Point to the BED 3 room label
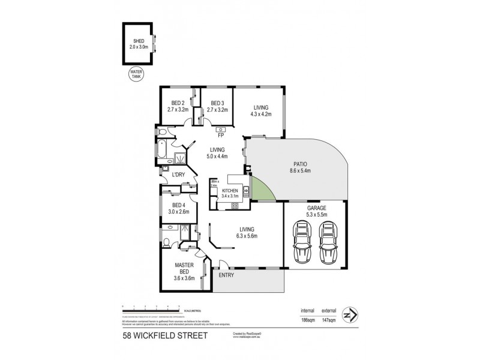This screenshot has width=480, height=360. coord(218,103)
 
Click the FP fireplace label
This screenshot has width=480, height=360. coord(221,136)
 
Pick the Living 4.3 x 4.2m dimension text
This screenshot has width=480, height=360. coord(261,113)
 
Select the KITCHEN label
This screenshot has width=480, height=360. coord(230,190)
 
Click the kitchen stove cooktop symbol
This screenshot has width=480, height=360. coord(235,206)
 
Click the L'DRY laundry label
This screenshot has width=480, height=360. coord(178,175)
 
